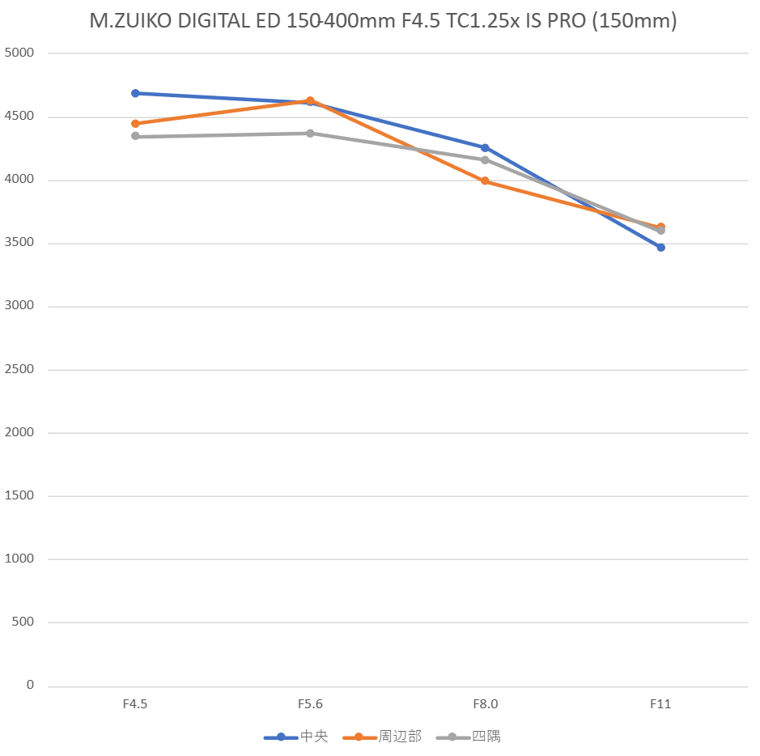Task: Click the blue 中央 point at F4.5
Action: tap(135, 93)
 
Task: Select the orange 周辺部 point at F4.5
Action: tap(135, 124)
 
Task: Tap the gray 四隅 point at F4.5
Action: tap(135, 136)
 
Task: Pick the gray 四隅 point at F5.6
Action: tap(310, 133)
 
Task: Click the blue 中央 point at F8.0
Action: tap(485, 147)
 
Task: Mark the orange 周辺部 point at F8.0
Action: tap(485, 181)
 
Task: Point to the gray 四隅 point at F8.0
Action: tap(485, 159)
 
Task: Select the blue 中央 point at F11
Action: tap(660, 248)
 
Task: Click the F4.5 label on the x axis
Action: tap(135, 704)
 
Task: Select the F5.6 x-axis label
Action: tap(310, 704)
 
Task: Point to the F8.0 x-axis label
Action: tap(485, 704)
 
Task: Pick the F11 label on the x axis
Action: tap(660, 704)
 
